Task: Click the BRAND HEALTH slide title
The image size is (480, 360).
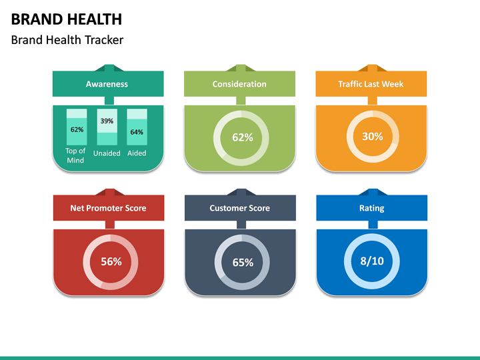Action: [x=66, y=19]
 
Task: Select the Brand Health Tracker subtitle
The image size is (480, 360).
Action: [x=67, y=40]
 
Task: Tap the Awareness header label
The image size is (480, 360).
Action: [x=107, y=84]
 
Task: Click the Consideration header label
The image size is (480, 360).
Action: [x=239, y=84]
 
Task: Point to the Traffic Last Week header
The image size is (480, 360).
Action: [x=371, y=84]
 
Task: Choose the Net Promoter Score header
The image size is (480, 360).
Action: [x=108, y=208]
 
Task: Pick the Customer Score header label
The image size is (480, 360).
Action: [x=239, y=208]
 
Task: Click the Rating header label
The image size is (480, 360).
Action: [x=371, y=208]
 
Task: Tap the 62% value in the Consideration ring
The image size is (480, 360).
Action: [x=242, y=138]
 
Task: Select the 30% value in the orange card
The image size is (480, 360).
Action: [x=372, y=137]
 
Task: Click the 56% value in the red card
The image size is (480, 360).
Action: [x=111, y=262]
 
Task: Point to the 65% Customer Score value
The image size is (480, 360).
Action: [x=243, y=263]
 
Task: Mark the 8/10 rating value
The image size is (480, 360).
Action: [x=372, y=261]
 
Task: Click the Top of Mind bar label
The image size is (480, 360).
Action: [x=76, y=155]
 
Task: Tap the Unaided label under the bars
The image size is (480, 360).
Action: [x=107, y=153]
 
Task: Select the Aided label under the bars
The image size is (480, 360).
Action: [x=137, y=153]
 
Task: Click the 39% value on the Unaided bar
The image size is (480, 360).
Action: [x=107, y=121]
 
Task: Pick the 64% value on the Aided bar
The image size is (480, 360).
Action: [x=137, y=132]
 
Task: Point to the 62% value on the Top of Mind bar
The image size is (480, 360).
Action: [x=77, y=129]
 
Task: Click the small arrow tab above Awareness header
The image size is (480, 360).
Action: [x=107, y=67]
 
